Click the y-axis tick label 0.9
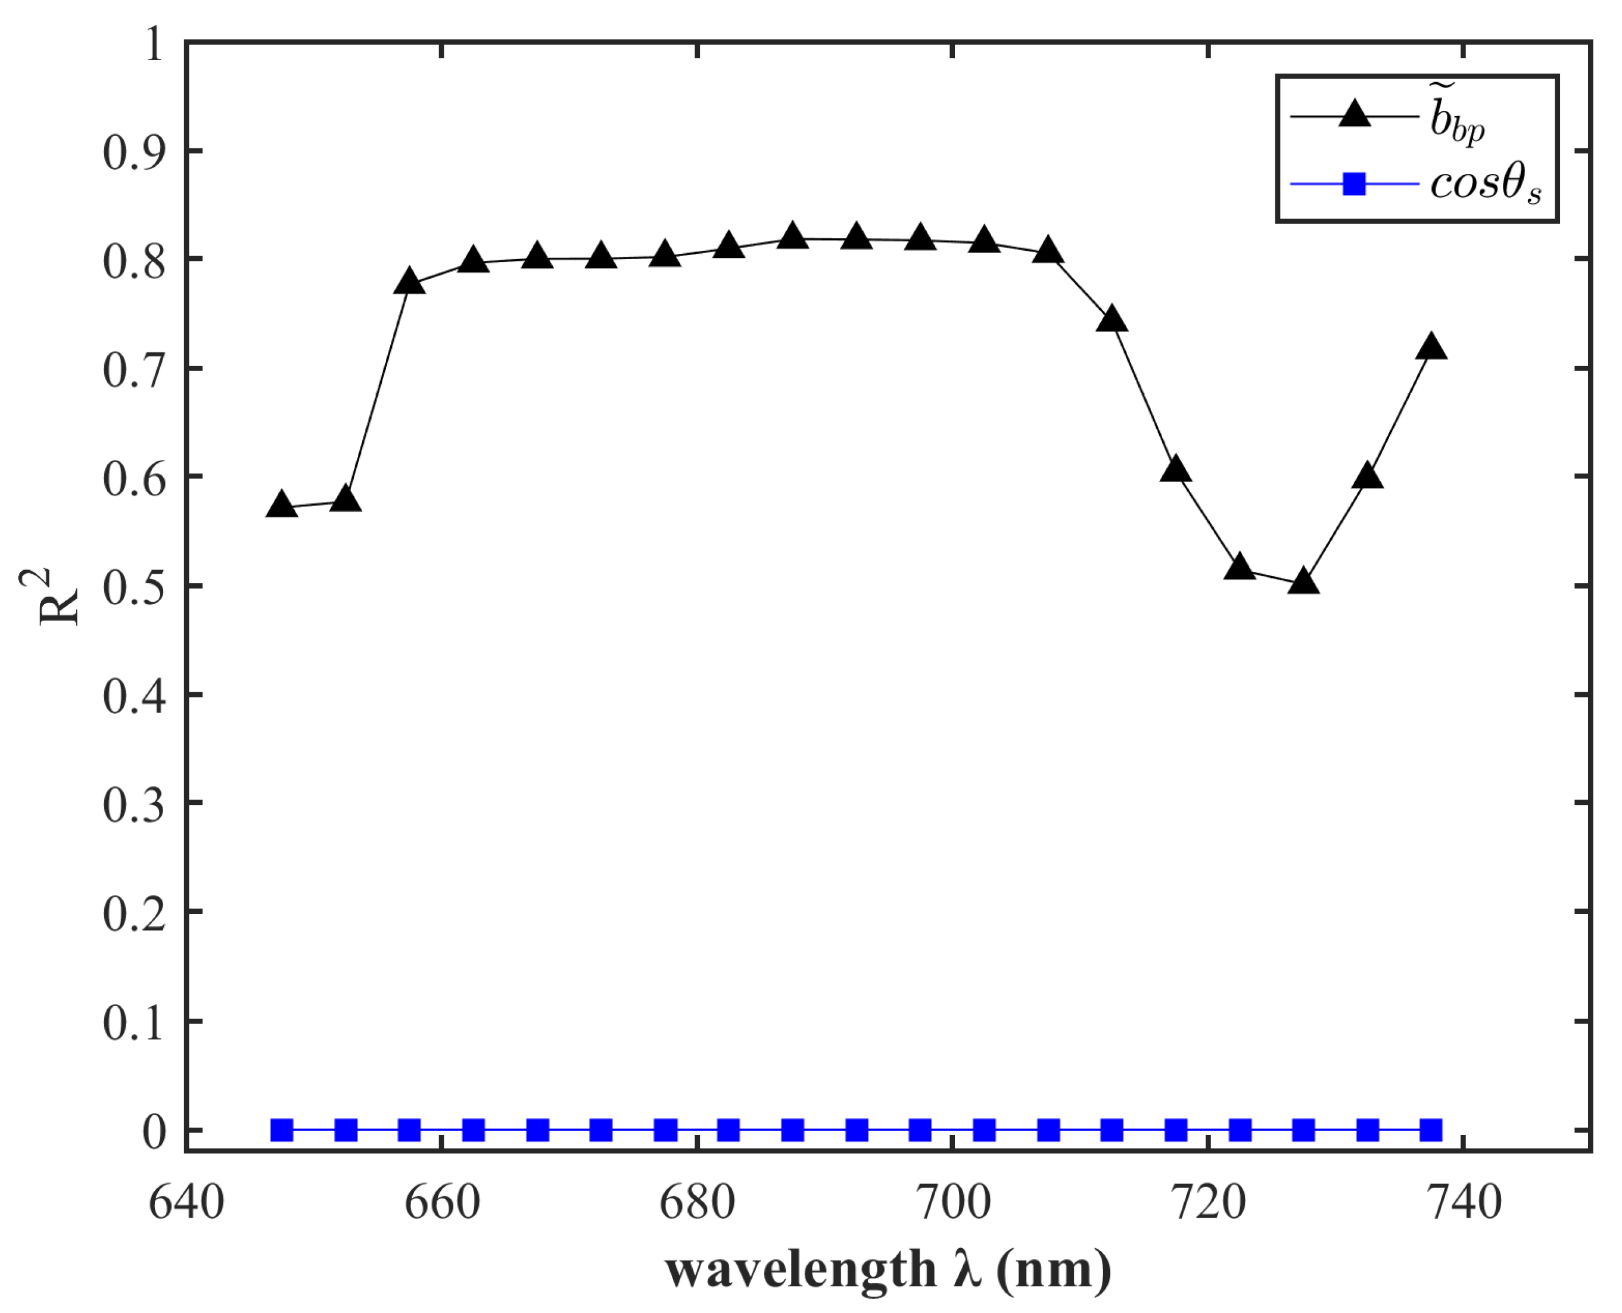133,152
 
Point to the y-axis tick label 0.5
133,586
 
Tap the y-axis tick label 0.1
133,1022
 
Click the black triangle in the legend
1355,117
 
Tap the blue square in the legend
1355,184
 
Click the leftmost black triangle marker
282,505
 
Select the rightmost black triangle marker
1431,347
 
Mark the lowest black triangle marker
1304,581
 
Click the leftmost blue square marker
282,1131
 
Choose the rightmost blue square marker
1431,1131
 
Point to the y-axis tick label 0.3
133,805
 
